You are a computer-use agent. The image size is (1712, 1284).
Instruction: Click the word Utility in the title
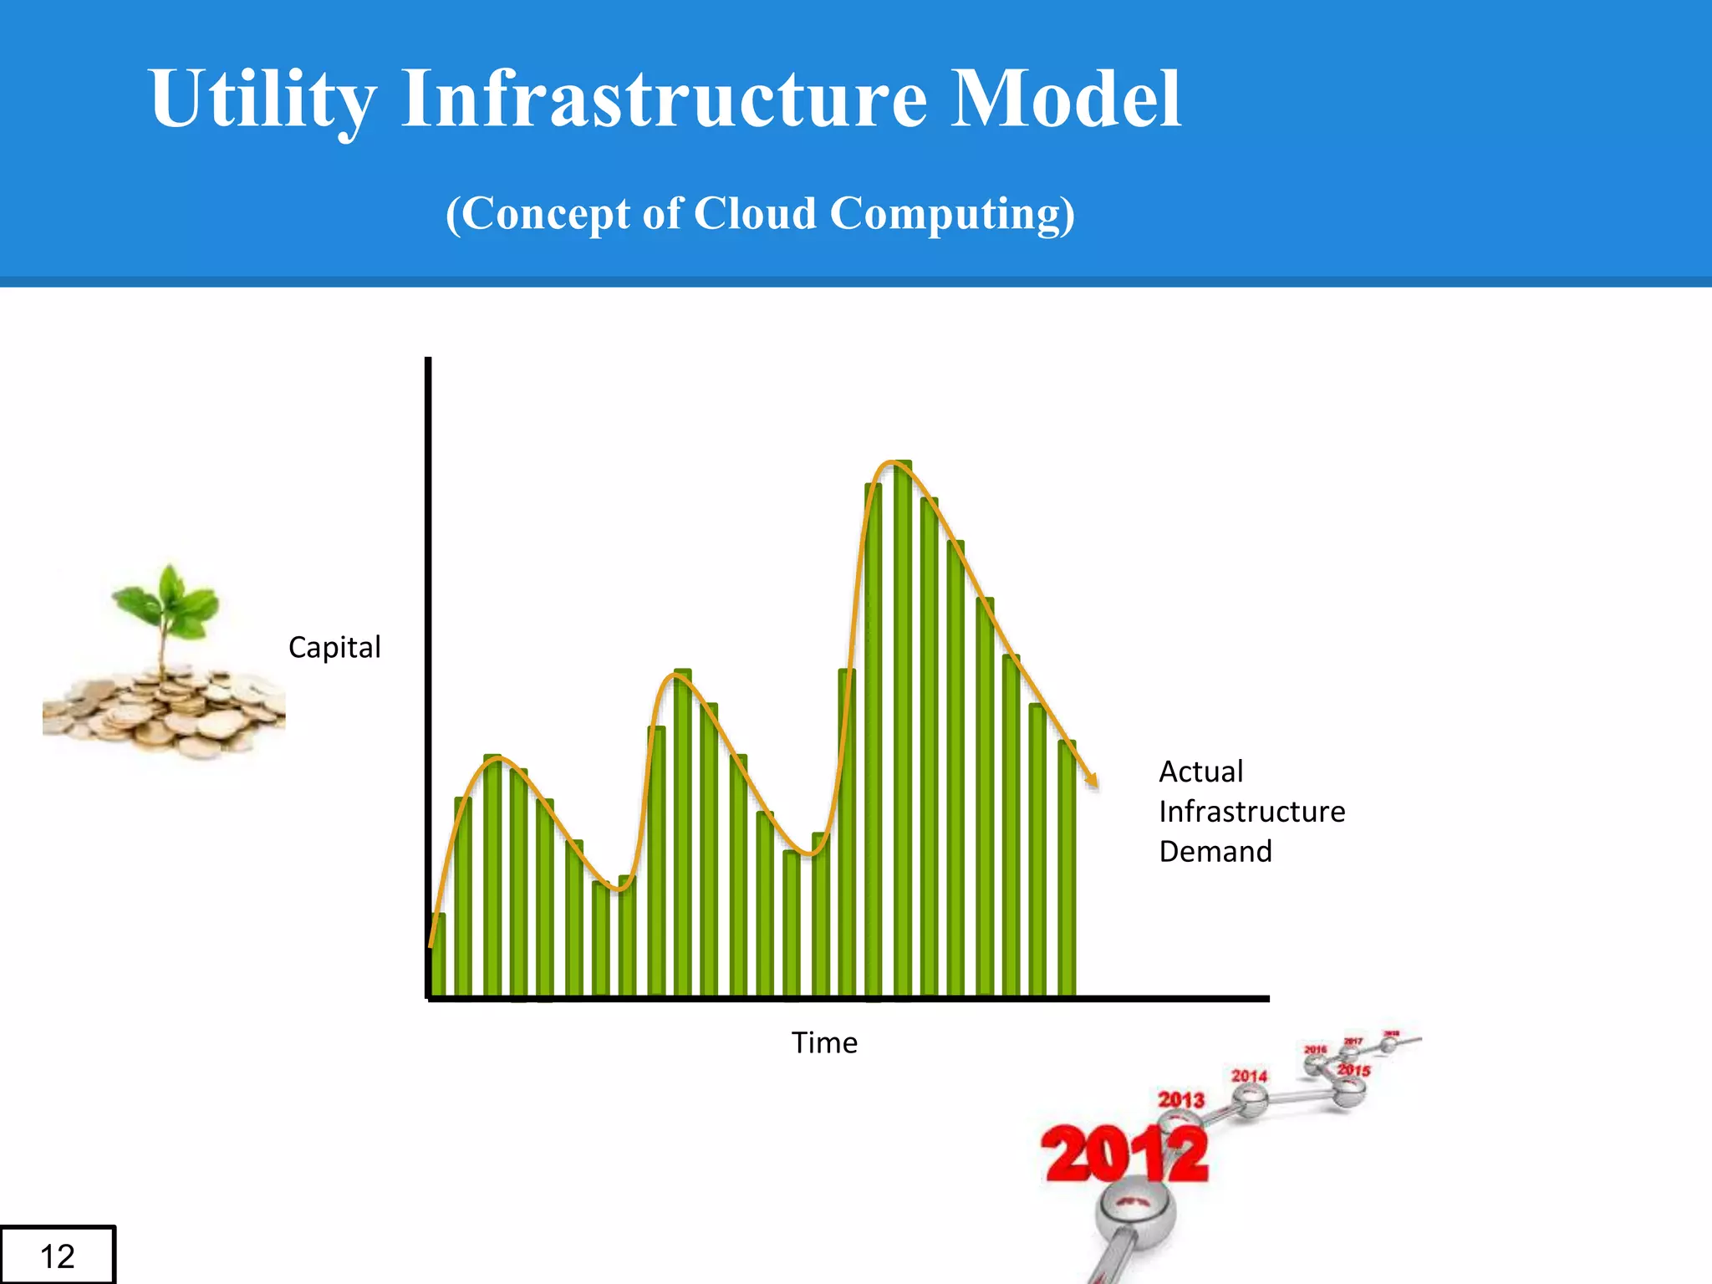[262, 100]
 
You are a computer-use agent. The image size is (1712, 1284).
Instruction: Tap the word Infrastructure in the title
[665, 99]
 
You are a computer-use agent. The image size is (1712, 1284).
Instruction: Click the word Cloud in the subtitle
[754, 213]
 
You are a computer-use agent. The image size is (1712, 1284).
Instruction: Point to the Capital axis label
[334, 647]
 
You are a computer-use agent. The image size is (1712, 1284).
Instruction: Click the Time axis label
[824, 1043]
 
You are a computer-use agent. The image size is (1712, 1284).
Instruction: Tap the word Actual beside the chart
[1200, 772]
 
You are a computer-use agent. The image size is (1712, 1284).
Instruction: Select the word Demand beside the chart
[1215, 852]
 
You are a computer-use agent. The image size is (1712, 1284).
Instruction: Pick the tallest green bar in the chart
[903, 727]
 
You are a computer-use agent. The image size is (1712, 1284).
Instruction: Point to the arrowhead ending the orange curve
[1091, 782]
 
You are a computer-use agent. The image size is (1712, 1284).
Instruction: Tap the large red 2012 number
[1124, 1155]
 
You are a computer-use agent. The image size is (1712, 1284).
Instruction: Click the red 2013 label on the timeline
[1180, 1099]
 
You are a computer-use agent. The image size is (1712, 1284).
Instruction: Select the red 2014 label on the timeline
[1249, 1076]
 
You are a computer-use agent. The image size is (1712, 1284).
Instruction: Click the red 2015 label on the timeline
[1353, 1070]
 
